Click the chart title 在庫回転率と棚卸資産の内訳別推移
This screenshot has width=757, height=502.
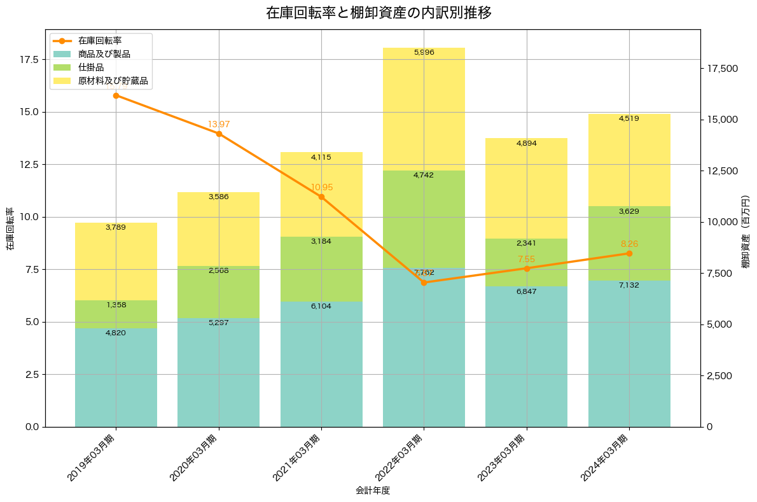pos(378,13)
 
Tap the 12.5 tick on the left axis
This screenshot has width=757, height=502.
pos(29,165)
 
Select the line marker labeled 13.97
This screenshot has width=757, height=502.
pos(219,134)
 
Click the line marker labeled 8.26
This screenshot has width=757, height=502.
pos(629,253)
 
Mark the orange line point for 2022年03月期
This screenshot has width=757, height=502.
pos(424,282)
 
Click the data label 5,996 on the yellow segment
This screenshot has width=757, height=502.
pos(424,53)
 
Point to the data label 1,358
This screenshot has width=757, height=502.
pos(116,305)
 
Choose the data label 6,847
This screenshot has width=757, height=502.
pos(526,291)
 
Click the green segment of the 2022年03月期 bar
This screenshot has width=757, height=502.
pos(424,220)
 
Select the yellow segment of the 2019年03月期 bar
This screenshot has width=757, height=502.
pos(116,261)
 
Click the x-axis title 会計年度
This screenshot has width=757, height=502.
pos(372,491)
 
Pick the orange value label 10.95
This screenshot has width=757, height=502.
pos(322,188)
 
